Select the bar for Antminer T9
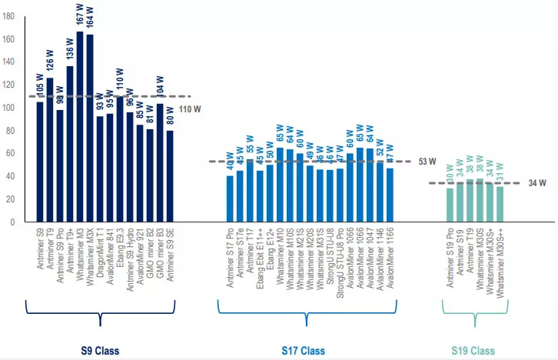coord(50,150)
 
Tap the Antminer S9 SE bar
coord(170,176)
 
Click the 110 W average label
coord(189,110)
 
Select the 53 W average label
coord(427,162)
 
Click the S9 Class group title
coord(101,351)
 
